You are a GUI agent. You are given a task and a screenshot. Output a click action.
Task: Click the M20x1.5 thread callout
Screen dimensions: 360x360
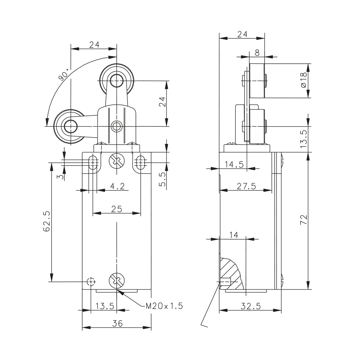point(165,306)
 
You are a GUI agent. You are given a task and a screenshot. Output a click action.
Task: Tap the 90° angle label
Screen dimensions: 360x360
point(64,75)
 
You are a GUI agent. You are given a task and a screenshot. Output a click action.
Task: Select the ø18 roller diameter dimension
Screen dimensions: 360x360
point(303,80)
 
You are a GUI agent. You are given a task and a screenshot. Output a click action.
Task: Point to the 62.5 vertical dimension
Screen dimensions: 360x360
point(46,221)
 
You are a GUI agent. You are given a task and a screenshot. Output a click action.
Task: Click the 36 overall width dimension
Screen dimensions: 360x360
point(117,323)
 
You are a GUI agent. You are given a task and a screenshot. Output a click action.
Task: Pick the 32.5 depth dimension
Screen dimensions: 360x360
point(251,306)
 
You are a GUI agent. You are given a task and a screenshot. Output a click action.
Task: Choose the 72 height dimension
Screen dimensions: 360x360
point(303,220)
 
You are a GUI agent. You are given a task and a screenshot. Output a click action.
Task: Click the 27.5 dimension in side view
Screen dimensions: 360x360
point(246,186)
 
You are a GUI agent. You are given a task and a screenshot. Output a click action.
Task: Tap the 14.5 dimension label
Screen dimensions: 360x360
point(234,165)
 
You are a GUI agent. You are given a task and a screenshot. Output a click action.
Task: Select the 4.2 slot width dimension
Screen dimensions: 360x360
point(117,186)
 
